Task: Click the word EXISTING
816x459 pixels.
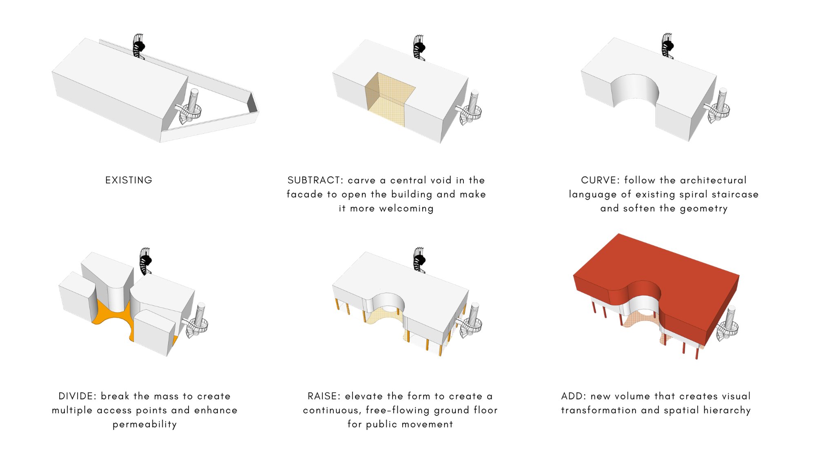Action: click(129, 180)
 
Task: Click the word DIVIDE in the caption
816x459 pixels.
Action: click(77, 396)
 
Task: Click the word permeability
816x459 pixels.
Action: click(145, 424)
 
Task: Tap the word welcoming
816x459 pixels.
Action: click(406, 208)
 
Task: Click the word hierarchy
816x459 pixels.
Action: click(727, 410)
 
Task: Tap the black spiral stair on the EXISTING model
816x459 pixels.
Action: click(139, 46)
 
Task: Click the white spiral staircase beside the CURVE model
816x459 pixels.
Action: click(719, 106)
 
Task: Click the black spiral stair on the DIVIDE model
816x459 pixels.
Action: click(145, 261)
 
